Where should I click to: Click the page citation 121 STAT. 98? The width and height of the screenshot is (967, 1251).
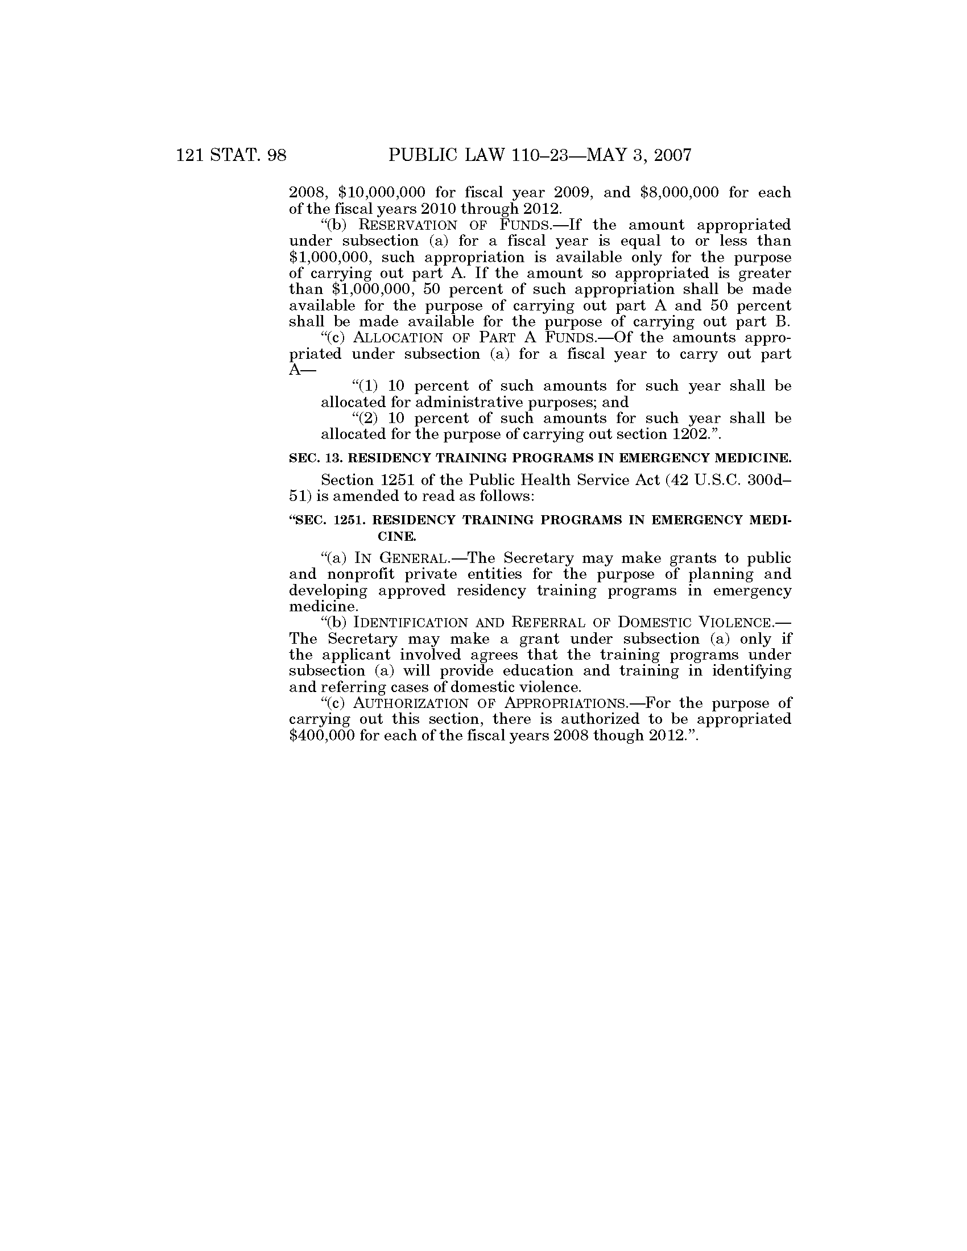(x=232, y=155)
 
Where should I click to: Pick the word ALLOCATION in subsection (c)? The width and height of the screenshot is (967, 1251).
(x=398, y=338)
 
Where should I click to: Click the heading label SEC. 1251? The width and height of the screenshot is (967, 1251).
(x=328, y=520)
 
